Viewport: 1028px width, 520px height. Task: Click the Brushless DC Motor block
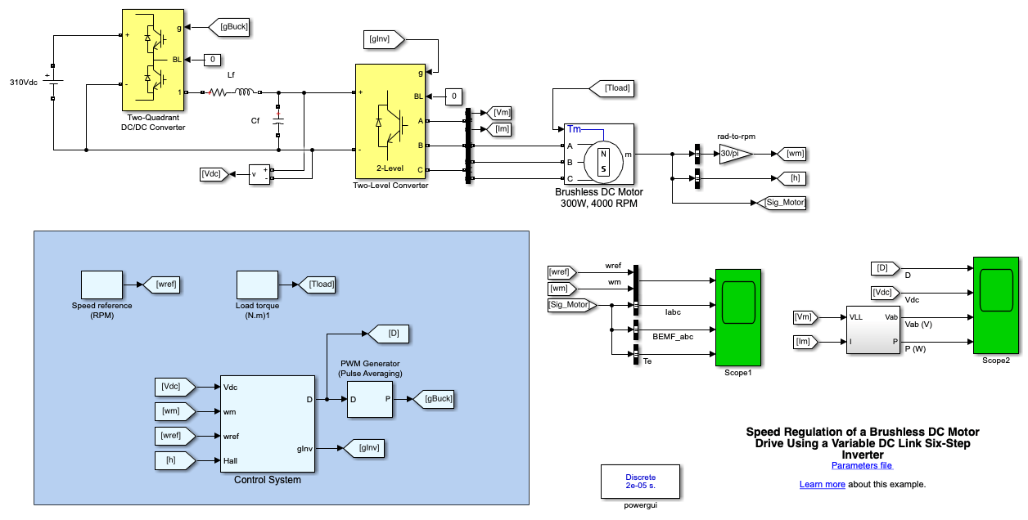coord(599,154)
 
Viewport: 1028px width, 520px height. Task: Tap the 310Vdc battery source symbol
coord(53,83)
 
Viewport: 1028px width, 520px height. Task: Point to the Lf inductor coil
coord(245,92)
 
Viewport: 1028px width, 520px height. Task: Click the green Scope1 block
coord(738,317)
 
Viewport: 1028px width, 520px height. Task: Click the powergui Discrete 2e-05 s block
coord(640,482)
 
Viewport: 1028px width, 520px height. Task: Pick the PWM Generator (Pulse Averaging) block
coord(370,399)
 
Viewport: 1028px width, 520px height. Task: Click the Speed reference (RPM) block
coord(101,285)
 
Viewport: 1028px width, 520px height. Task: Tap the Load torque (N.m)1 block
coord(258,285)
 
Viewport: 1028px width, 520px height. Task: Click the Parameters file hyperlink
coord(862,466)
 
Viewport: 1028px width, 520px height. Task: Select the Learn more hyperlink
coord(822,485)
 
